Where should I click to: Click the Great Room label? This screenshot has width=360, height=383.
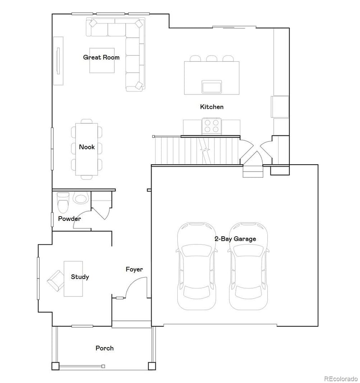(x=101, y=57)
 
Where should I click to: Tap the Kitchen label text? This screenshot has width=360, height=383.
(x=211, y=107)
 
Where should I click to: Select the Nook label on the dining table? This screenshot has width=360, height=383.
(x=86, y=147)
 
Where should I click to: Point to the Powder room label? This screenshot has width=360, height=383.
(x=69, y=219)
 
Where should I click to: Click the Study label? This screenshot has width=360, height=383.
(x=80, y=277)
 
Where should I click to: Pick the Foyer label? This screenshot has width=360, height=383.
(x=134, y=269)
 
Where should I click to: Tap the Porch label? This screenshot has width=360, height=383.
(x=104, y=348)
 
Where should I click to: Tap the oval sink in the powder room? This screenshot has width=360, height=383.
(x=81, y=198)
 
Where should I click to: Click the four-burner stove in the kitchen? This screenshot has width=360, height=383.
(x=212, y=126)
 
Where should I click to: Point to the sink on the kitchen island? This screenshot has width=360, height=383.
(x=211, y=86)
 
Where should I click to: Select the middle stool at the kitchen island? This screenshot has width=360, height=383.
(x=211, y=59)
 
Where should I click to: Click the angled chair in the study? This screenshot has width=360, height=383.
(x=55, y=280)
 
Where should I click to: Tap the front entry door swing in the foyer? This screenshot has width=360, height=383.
(x=137, y=288)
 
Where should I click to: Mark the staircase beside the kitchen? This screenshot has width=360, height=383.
(x=196, y=151)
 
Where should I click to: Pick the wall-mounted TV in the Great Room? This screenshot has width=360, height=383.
(x=58, y=60)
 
